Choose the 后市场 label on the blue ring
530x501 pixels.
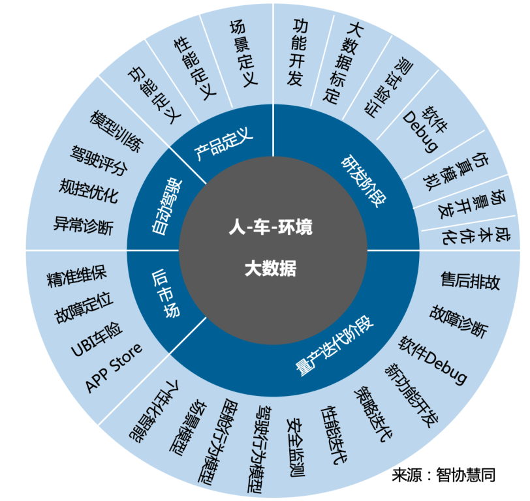[166, 292]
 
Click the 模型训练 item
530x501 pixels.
[114, 131]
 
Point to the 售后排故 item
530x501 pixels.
[471, 281]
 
